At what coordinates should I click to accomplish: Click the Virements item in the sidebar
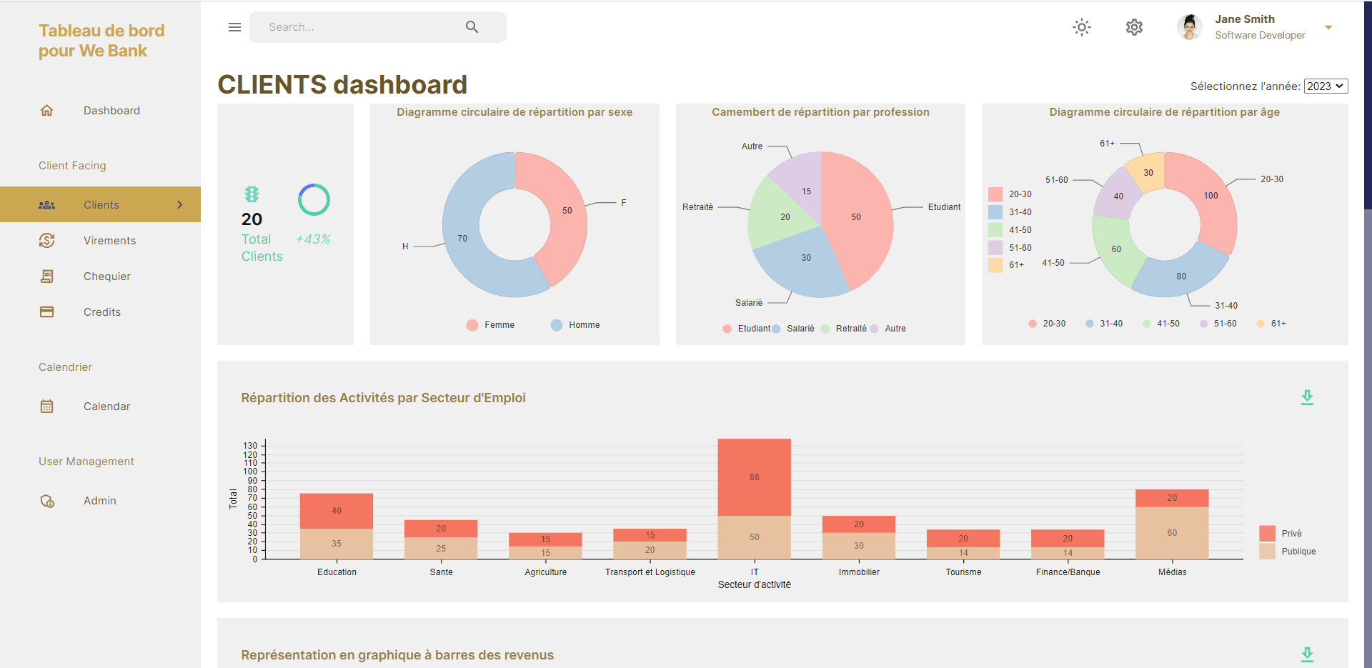click(x=109, y=241)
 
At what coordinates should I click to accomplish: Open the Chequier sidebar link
click(x=106, y=276)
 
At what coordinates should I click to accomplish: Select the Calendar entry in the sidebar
click(x=106, y=407)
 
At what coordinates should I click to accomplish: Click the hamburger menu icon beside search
click(x=234, y=27)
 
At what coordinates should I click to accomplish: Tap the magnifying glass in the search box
click(x=472, y=27)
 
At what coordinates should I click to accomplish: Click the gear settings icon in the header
click(x=1134, y=27)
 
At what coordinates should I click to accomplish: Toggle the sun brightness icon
click(x=1082, y=27)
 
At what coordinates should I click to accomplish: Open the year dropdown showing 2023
click(x=1326, y=86)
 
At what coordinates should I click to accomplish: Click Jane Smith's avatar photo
click(x=1189, y=27)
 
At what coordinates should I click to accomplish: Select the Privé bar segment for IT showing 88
click(x=754, y=477)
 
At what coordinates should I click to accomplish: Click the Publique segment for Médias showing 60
click(x=1172, y=533)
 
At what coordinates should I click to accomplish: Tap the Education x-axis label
click(x=337, y=572)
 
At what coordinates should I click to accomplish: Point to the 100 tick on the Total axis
click(x=250, y=472)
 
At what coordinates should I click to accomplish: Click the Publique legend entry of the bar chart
click(x=1298, y=552)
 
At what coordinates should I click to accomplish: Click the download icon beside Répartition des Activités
click(x=1307, y=398)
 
